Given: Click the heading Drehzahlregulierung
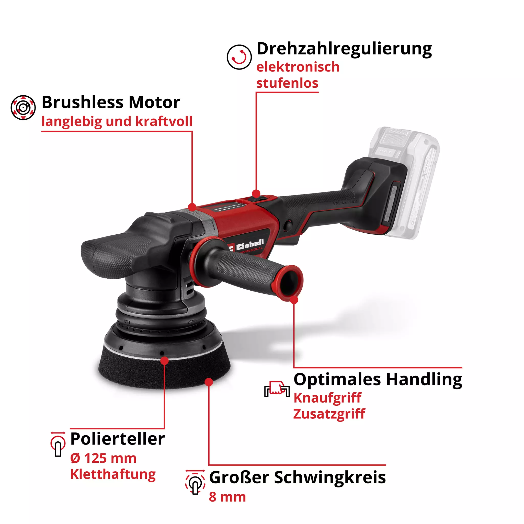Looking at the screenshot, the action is pos(344,49).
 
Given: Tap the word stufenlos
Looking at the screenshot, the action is pos(287,83).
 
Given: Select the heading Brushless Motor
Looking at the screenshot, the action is pos(111,102).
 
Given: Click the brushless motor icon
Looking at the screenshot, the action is pos(23,107).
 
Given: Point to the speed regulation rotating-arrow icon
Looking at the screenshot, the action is pos(239,57).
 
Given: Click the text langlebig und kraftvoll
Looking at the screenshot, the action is pos(117,121).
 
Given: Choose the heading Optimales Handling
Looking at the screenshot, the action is pos(378,379).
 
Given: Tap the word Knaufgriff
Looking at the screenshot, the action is pos(327,398).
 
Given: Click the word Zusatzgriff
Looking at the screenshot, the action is pos(329,414).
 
